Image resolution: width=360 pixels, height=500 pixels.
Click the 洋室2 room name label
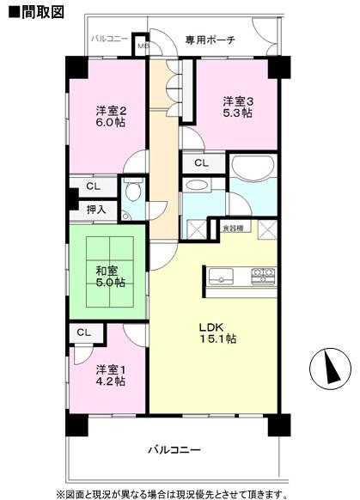(x=111, y=110)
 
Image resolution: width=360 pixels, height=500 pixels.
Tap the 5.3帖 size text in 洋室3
(x=239, y=113)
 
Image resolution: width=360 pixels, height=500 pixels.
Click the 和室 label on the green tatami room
(x=107, y=269)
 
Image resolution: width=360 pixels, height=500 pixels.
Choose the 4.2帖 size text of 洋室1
(x=111, y=381)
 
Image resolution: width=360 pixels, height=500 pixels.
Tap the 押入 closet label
(x=96, y=209)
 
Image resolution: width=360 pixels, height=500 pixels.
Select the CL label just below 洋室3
(x=200, y=162)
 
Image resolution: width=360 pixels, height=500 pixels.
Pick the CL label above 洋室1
(x=84, y=332)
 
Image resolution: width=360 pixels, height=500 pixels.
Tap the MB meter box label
(x=143, y=46)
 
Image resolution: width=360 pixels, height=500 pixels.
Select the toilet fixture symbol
(x=131, y=192)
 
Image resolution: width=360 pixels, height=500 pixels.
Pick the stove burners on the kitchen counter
(x=263, y=275)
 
